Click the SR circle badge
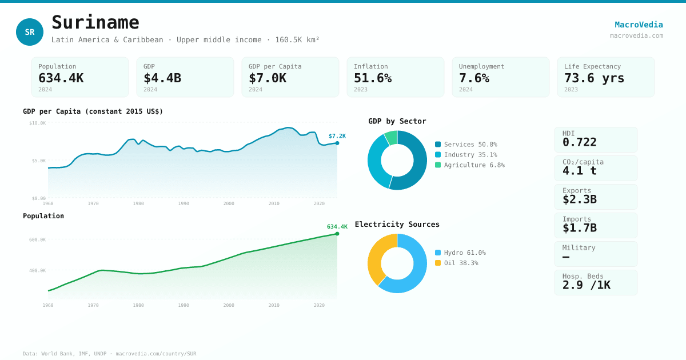point(30,32)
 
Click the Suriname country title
point(95,22)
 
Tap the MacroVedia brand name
point(639,25)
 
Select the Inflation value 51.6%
point(372,78)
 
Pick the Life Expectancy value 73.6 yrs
point(594,78)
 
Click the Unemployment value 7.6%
point(474,78)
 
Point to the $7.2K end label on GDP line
point(337,136)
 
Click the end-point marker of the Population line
point(337,234)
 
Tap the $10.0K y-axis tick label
point(38,123)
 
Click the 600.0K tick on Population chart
point(38,240)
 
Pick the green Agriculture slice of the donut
point(391,137)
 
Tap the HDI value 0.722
point(579,142)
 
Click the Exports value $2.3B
point(579,199)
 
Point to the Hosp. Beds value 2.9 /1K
point(586,285)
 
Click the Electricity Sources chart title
point(397,225)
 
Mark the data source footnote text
point(109,354)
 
